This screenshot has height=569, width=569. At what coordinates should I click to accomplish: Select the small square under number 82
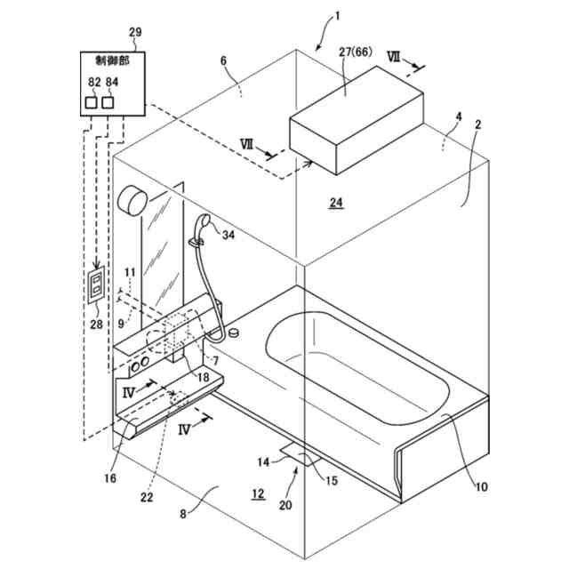click(92, 103)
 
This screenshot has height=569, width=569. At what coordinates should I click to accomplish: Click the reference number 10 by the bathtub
click(481, 486)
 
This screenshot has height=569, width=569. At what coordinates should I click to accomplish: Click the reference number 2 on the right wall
click(477, 125)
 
